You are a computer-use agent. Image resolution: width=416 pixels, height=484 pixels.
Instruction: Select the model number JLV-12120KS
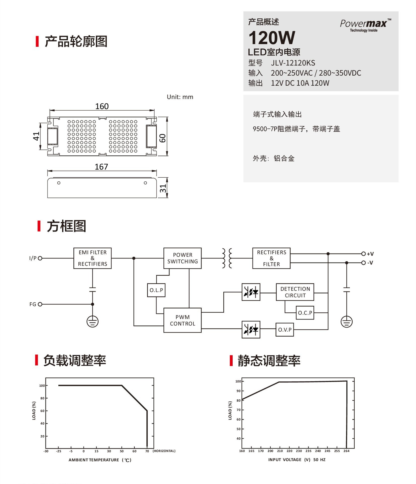tap(293, 63)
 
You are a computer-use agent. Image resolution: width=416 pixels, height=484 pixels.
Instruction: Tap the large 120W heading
tap(272, 38)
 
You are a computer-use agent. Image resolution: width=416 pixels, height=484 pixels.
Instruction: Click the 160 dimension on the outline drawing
tap(102, 106)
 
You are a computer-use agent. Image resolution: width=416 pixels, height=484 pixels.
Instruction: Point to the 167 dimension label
tap(101, 167)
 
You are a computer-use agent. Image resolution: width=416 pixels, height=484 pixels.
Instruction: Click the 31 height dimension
tap(163, 188)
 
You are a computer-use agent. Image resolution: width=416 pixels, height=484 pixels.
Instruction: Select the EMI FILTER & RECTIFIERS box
tap(92, 258)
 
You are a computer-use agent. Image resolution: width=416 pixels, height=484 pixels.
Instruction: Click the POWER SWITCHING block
tap(182, 258)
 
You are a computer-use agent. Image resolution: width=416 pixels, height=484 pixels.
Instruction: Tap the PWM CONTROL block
tap(182, 320)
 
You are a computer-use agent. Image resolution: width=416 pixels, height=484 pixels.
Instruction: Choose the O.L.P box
tap(156, 290)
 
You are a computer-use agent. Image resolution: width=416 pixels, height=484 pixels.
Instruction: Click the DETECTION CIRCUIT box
tap(295, 292)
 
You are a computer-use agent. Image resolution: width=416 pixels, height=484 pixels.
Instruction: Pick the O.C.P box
tap(305, 313)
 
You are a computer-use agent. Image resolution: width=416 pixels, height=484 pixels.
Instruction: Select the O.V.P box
tap(285, 330)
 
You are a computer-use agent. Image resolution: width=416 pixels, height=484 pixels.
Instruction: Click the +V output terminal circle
tap(363, 254)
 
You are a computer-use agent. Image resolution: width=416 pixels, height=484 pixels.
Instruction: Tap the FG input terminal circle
tap(40, 304)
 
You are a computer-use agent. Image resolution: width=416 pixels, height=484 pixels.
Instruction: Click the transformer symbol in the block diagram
tap(227, 258)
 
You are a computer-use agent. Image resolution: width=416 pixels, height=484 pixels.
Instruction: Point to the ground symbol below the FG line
tap(92, 322)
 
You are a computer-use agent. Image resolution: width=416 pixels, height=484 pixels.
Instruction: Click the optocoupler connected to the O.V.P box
tap(251, 329)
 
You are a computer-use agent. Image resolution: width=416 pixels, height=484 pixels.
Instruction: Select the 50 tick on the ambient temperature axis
tap(122, 451)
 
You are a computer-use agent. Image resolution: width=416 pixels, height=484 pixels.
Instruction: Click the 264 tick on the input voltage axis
tap(346, 451)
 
